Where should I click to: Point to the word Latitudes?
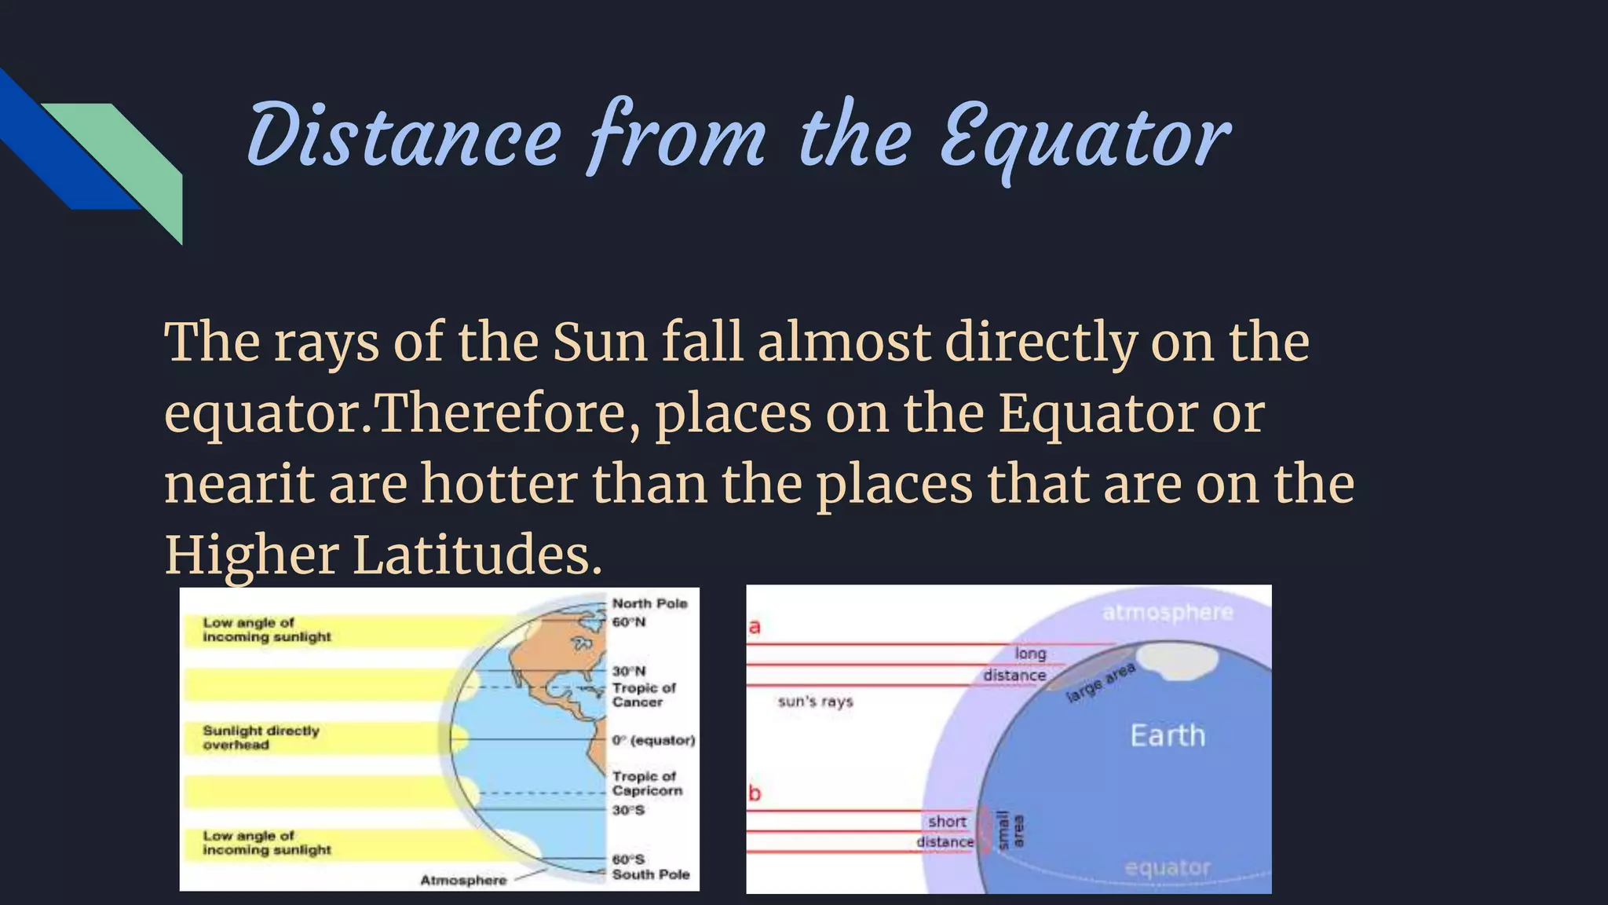tap(477, 555)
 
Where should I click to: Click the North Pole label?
tap(649, 603)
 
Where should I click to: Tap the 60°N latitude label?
tap(629, 622)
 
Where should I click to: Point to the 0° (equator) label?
tap(653, 740)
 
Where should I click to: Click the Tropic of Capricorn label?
tap(647, 783)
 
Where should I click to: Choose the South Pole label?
tap(650, 874)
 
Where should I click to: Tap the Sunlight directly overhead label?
tap(261, 738)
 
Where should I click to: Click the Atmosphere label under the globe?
tap(463, 880)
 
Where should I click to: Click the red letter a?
tap(755, 627)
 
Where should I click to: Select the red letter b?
tap(755, 793)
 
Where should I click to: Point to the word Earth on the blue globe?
tap(1167, 735)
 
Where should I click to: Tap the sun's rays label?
tap(815, 702)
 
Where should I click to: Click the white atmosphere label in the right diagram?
tap(1168, 612)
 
